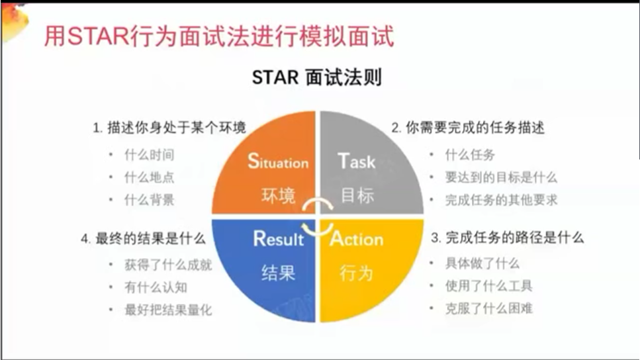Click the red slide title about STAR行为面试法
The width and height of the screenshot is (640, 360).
[x=219, y=36]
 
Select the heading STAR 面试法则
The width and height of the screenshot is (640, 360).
[x=317, y=77]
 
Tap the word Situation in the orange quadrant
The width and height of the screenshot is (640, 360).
[x=278, y=161]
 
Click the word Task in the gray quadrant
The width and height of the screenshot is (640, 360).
[x=356, y=161]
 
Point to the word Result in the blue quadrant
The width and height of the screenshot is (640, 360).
[x=279, y=239]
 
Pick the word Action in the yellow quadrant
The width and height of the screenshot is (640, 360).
[x=357, y=239]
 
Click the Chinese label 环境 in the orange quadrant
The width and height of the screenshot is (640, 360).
[x=278, y=196]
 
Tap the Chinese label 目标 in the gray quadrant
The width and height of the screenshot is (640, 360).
[x=357, y=195]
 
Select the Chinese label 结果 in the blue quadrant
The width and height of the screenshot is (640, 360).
[x=278, y=273]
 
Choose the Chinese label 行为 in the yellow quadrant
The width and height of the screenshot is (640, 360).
[x=357, y=273]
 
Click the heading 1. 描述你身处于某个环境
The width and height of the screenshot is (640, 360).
[x=169, y=128]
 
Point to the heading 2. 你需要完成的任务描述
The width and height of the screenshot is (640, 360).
[x=468, y=128]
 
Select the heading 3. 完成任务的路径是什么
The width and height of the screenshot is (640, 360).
[x=508, y=238]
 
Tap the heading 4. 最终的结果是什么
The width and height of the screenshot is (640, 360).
[x=143, y=238]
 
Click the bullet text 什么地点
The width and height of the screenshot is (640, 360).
[x=150, y=177]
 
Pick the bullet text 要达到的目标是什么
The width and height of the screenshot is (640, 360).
[x=501, y=177]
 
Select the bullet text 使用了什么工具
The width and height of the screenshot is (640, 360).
[x=489, y=286]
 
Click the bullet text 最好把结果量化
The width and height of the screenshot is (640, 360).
[x=168, y=310]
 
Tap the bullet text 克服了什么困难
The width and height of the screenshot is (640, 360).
[x=489, y=308]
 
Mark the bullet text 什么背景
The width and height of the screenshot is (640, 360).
[x=150, y=200]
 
